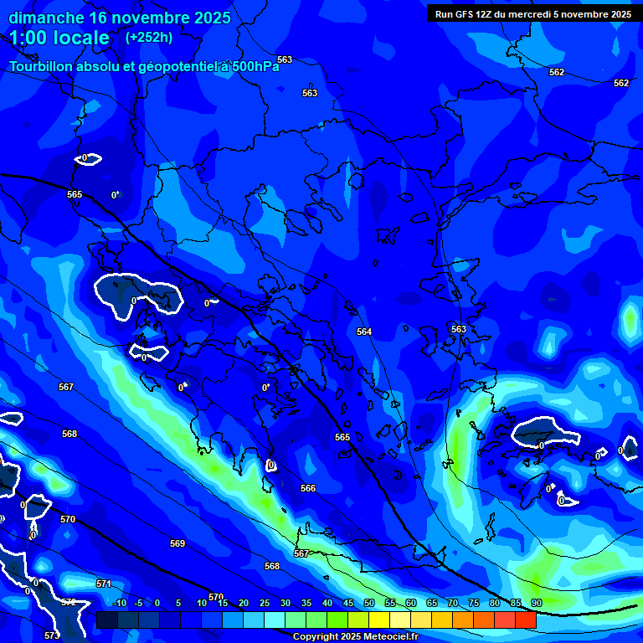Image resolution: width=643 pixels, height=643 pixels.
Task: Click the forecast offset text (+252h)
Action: pyautogui.click(x=149, y=37)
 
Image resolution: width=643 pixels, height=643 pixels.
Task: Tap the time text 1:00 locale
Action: pyautogui.click(x=59, y=38)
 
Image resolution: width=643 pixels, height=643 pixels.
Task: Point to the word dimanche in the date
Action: pyautogui.click(x=46, y=17)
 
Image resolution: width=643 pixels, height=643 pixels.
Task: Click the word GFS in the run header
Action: pyautogui.click(x=466, y=14)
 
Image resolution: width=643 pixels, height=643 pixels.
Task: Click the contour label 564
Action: pyautogui.click(x=364, y=332)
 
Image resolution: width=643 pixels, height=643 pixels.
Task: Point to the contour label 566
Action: pyautogui.click(x=308, y=488)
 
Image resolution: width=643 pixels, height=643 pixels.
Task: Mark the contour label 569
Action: pyautogui.click(x=177, y=544)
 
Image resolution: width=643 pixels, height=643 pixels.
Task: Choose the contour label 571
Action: pyautogui.click(x=104, y=584)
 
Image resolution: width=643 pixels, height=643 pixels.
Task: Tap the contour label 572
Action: pyautogui.click(x=69, y=603)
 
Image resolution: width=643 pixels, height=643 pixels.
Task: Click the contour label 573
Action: pyautogui.click(x=52, y=636)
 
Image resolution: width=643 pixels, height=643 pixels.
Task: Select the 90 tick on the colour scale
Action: pyautogui.click(x=536, y=604)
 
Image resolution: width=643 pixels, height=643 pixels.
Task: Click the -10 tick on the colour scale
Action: pyautogui.click(x=118, y=604)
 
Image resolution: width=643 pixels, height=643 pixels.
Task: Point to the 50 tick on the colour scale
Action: pyautogui.click(x=369, y=604)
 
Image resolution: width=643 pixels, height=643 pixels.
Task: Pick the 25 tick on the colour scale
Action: pyautogui.click(x=265, y=604)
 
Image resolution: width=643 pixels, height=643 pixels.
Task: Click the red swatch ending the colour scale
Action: pyautogui.click(x=526, y=620)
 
